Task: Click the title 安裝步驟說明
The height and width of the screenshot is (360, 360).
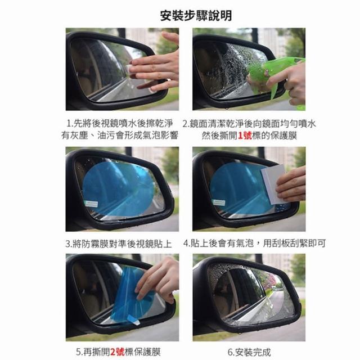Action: [x=196, y=16]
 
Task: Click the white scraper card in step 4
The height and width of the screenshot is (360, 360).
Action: [x=274, y=184]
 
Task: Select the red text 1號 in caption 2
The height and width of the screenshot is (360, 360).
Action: [x=245, y=136]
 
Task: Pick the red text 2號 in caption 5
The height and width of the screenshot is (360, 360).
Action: [x=117, y=352]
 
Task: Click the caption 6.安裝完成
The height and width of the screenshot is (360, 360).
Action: [x=249, y=352]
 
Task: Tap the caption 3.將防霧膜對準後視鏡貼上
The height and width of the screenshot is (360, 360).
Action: [x=119, y=244]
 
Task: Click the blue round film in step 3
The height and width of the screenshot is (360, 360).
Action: [x=119, y=189]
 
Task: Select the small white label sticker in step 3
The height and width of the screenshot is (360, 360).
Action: [x=91, y=204]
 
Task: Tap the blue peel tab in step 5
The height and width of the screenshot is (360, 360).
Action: [x=133, y=320]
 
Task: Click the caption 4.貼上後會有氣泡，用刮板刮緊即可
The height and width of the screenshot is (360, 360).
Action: [x=254, y=243]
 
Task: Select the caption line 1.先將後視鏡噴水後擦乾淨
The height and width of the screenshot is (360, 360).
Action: [x=119, y=124]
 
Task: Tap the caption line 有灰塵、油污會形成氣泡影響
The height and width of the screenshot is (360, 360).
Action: [x=120, y=135]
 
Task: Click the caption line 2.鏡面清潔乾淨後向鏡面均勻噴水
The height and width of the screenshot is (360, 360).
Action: [x=249, y=124]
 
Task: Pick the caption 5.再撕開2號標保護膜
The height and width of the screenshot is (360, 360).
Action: [x=119, y=352]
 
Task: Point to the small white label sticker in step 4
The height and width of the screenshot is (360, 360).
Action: [x=219, y=202]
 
